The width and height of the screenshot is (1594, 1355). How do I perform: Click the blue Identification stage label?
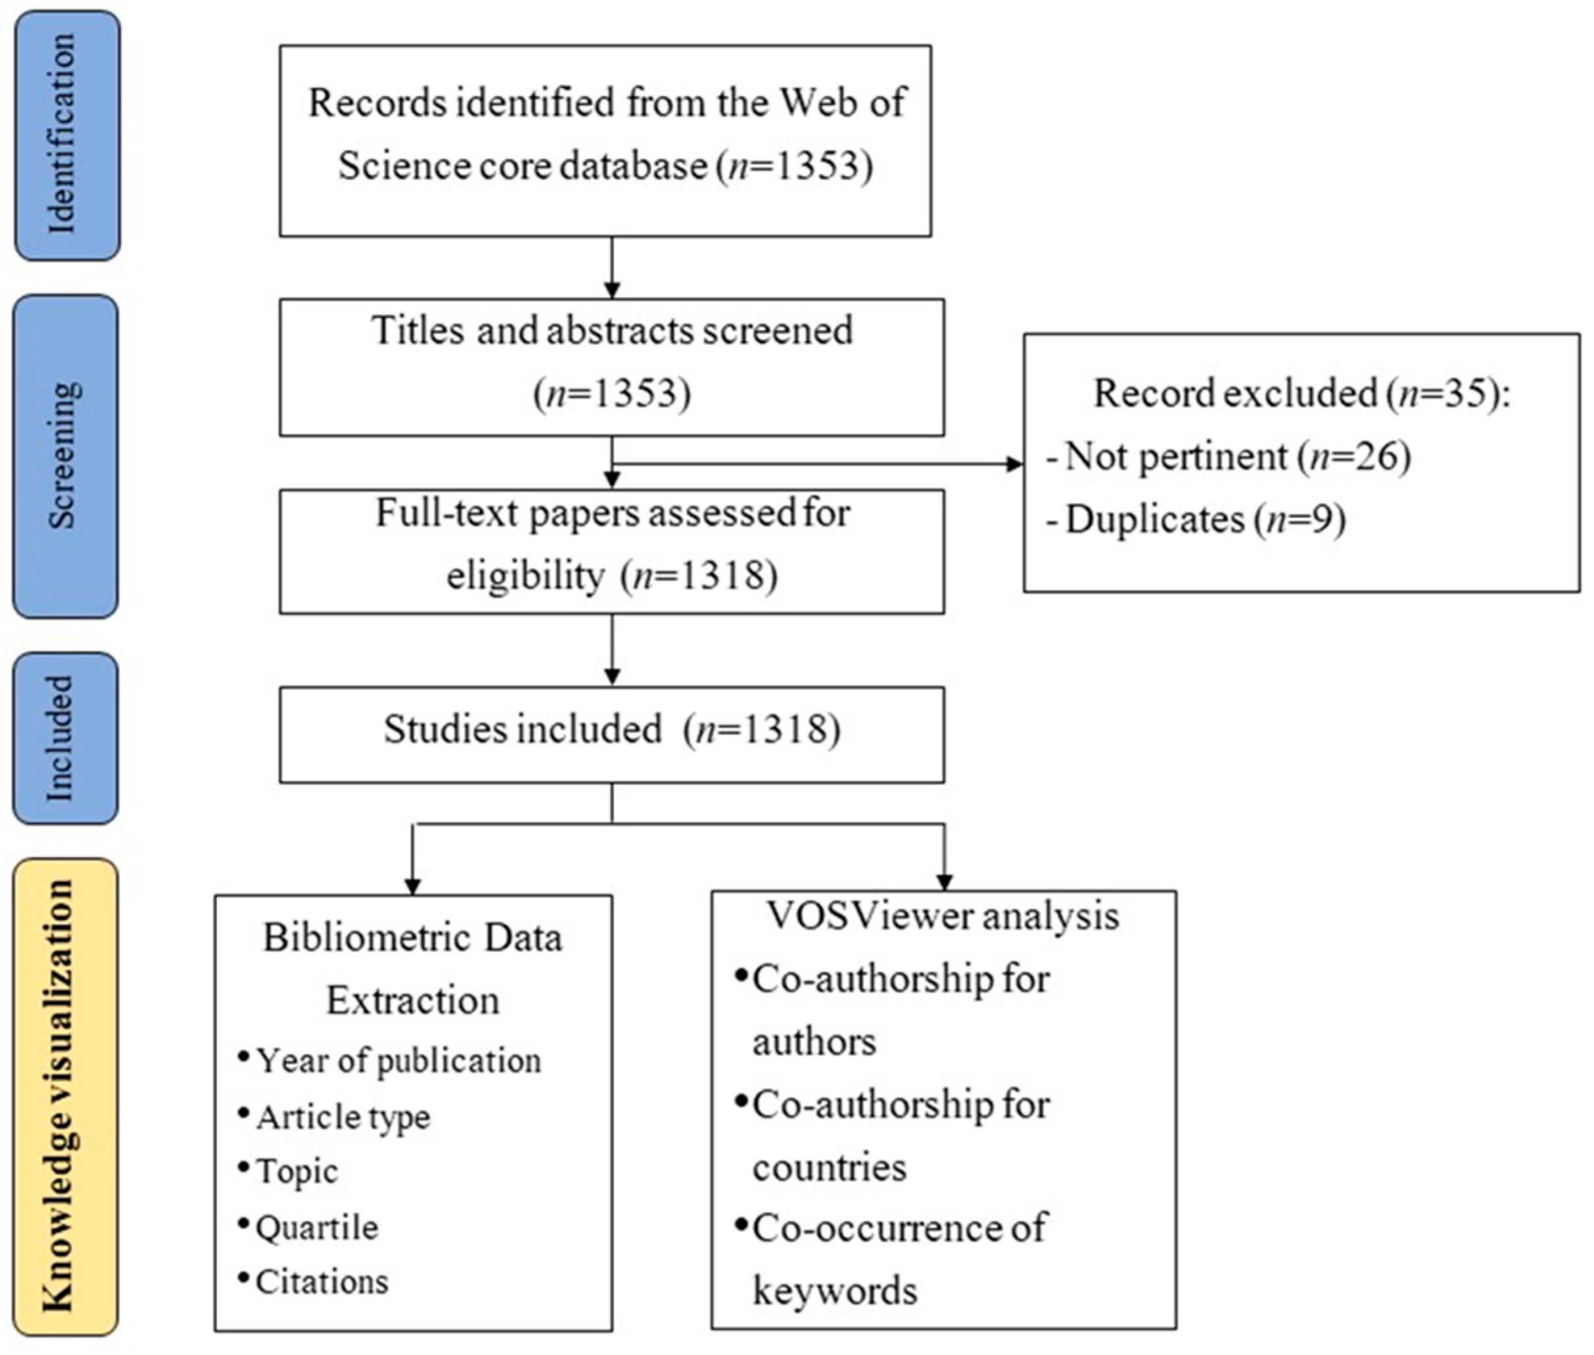pyautogui.click(x=67, y=135)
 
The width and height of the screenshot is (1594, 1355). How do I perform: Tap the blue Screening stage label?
pyautogui.click(x=65, y=456)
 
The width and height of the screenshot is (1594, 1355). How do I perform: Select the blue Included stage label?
pyautogui.click(x=65, y=738)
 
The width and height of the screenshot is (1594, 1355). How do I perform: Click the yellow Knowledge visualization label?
pyautogui.click(x=65, y=1096)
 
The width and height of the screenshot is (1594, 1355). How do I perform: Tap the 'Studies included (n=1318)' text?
pyautogui.click(x=611, y=729)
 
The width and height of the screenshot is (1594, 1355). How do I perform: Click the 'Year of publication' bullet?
pyautogui.click(x=398, y=1061)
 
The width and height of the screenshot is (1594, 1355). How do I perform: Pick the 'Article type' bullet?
pyautogui.click(x=342, y=1118)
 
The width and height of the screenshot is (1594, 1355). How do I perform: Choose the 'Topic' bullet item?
pyautogui.click(x=296, y=1172)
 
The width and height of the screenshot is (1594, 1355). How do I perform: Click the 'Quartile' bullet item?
pyautogui.click(x=316, y=1228)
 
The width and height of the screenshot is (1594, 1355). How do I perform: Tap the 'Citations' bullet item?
pyautogui.click(x=321, y=1282)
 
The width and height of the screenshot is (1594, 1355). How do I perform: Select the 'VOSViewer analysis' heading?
pyautogui.click(x=943, y=915)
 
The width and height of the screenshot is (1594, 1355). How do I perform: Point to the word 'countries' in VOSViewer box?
pyautogui.click(x=829, y=1167)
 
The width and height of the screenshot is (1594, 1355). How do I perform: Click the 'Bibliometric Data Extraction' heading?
pyautogui.click(x=413, y=969)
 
